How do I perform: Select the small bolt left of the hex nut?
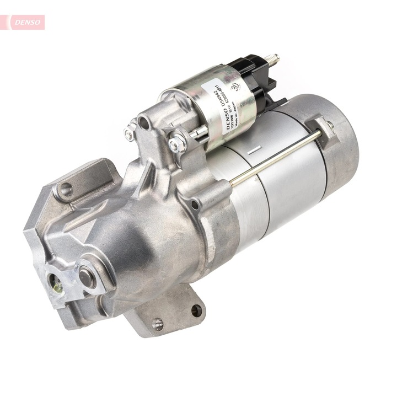pyautogui.click(x=130, y=132)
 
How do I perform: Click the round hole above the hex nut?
pyautogui.click(x=144, y=123)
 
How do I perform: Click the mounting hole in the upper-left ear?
pyautogui.click(x=66, y=190)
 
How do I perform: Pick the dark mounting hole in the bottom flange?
pyautogui.click(x=196, y=310)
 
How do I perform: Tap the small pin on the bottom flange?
pyautogui.click(x=158, y=324)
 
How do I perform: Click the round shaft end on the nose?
pyautogui.click(x=87, y=277)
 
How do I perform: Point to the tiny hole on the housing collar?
pyautogui.click(x=195, y=206)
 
